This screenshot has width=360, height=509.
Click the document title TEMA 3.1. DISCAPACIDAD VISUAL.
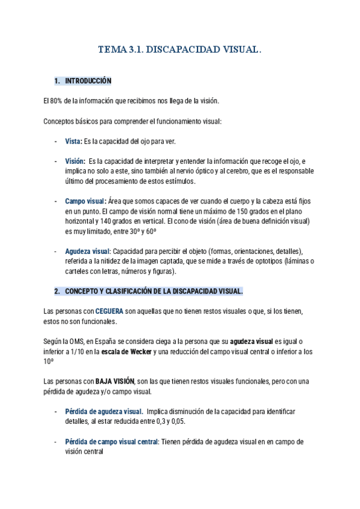click(179, 52)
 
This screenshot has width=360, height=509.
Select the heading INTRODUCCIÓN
click(88, 80)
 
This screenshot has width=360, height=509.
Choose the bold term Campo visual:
click(86, 201)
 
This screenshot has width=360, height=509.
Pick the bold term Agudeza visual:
click(88, 251)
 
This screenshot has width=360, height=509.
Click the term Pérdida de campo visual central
click(112, 441)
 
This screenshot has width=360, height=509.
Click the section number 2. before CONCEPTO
click(57, 291)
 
